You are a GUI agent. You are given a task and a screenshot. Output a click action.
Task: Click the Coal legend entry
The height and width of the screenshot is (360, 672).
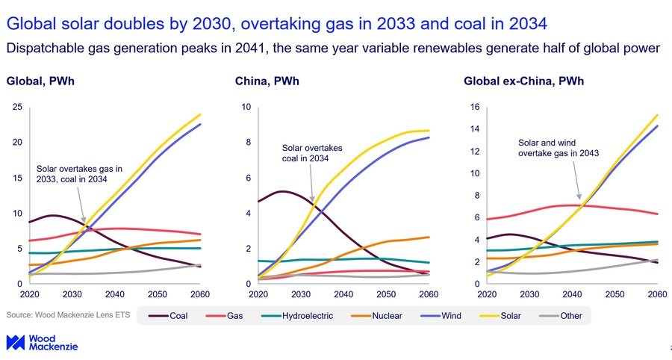168,316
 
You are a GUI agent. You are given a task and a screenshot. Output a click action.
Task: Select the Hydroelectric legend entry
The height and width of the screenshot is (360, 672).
297,316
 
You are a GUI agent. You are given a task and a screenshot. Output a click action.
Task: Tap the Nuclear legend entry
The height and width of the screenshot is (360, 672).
376,316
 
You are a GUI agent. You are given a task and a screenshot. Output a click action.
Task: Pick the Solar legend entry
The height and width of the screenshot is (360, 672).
500,316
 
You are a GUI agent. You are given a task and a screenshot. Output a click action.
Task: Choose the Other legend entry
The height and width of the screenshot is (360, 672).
560,316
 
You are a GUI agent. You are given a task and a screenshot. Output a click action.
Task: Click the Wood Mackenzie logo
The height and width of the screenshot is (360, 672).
42,342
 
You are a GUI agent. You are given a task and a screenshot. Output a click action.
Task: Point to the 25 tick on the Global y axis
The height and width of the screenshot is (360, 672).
17,107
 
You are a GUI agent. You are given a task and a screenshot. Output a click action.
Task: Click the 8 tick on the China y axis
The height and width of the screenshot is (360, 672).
248,143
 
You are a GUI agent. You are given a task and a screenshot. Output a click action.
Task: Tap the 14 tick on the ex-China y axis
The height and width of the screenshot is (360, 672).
475,129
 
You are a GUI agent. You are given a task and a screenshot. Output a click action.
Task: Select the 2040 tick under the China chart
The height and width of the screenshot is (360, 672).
343,294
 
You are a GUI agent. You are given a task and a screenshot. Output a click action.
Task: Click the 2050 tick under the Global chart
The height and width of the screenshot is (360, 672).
158,294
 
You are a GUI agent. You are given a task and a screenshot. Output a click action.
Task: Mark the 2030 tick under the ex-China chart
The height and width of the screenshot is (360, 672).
529,294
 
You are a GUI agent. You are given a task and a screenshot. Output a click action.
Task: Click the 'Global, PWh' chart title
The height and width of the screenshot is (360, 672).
40,81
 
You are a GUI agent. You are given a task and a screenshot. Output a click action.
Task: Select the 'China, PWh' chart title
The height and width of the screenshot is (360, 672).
267,81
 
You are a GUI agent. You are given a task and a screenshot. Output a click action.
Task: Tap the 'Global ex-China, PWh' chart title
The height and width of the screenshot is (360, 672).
523,81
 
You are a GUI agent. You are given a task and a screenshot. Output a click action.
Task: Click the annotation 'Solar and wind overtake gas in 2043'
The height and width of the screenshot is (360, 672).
559,148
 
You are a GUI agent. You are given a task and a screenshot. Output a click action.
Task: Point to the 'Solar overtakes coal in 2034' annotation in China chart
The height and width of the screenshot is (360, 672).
312,153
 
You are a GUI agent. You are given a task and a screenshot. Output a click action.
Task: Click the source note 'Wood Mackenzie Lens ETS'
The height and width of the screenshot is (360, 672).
68,315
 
